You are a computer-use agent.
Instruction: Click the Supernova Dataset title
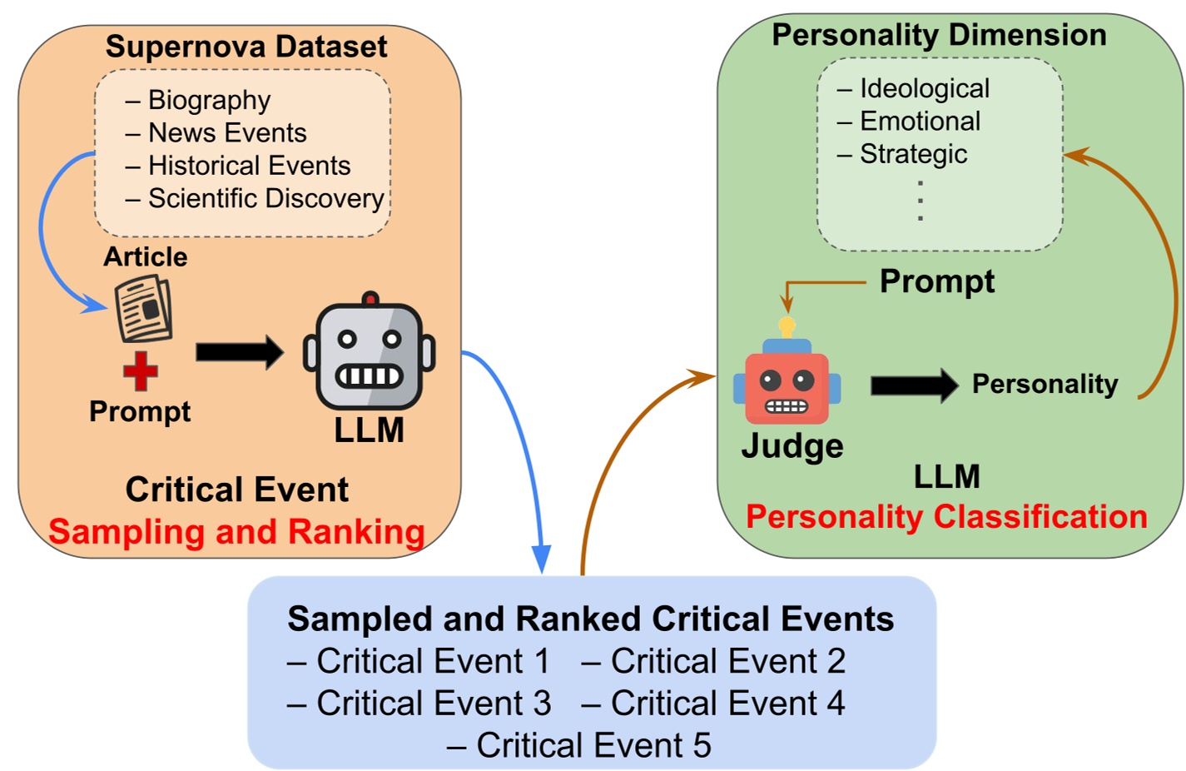point(246,47)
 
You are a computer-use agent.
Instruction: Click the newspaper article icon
point(144,310)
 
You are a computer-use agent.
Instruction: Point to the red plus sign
point(141,371)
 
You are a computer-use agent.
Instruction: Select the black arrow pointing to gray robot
point(239,352)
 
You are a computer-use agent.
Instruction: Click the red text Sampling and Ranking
point(236,532)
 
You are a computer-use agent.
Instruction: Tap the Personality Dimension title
point(939,35)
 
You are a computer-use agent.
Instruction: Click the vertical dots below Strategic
point(920,201)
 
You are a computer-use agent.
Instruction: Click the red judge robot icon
point(787,383)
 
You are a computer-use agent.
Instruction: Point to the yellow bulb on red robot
point(787,326)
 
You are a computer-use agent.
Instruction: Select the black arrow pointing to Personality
point(914,385)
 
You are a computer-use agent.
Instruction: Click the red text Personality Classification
point(946,517)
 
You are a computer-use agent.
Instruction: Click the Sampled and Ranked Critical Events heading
point(590,619)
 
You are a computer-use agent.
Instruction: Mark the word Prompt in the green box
point(936,281)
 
